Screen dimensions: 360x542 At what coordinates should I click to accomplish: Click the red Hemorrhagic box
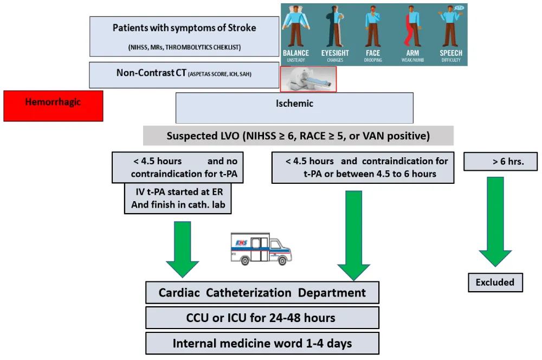pyautogui.click(x=53, y=106)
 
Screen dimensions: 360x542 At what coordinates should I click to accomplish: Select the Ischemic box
pyautogui.click(x=294, y=107)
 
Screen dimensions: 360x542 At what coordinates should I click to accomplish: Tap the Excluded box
pyautogui.click(x=495, y=282)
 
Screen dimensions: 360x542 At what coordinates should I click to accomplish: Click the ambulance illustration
pyautogui.click(x=260, y=249)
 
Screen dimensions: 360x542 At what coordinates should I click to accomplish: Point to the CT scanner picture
pyautogui.click(x=308, y=79)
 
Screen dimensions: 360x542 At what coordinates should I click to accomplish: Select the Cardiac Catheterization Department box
pyautogui.click(x=262, y=293)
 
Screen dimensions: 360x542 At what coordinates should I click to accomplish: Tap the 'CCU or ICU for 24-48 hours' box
pyautogui.click(x=262, y=318)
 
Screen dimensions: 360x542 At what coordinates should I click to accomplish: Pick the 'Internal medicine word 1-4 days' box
pyautogui.click(x=262, y=343)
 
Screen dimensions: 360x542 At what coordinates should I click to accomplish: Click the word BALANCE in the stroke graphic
pyautogui.click(x=296, y=53)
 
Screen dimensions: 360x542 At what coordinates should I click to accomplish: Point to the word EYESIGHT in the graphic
pyautogui.click(x=335, y=53)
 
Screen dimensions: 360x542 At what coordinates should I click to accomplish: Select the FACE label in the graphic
pyautogui.click(x=373, y=53)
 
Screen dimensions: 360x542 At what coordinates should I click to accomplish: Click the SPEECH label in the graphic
pyautogui.click(x=451, y=53)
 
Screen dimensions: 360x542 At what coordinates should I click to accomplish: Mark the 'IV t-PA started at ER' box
pyautogui.click(x=177, y=198)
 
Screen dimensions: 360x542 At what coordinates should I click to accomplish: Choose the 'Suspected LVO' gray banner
pyautogui.click(x=298, y=136)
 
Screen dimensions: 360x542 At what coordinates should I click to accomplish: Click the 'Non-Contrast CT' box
pyautogui.click(x=184, y=75)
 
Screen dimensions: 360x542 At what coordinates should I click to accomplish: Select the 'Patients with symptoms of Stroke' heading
pyautogui.click(x=184, y=28)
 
